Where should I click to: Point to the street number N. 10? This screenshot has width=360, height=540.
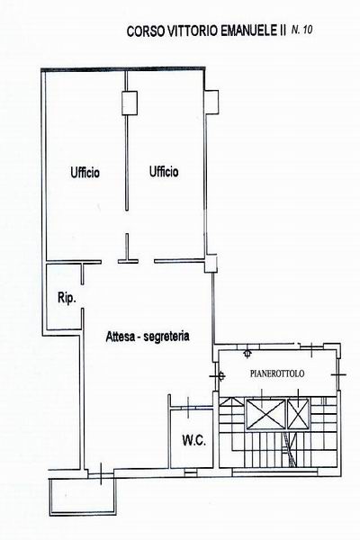click(302, 30)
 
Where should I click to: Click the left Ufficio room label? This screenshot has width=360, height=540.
click(85, 172)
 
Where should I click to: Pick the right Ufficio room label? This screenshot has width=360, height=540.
click(164, 171)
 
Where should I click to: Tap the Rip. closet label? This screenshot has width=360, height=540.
click(67, 298)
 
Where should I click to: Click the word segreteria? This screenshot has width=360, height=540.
click(166, 337)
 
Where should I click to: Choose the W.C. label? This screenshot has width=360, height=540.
click(194, 440)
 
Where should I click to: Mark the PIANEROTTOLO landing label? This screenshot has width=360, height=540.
click(277, 373)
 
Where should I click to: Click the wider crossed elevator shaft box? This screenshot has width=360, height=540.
click(265, 414)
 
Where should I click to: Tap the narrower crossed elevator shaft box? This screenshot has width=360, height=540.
click(298, 414)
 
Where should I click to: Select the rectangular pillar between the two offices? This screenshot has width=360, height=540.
click(130, 103)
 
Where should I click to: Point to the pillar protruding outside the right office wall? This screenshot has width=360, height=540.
click(211, 102)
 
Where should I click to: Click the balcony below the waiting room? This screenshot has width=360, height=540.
click(82, 498)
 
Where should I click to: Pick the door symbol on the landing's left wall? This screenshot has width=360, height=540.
click(221, 375)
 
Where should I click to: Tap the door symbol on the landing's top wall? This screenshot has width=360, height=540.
click(247, 354)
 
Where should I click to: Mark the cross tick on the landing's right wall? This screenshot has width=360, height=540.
click(338, 374)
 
